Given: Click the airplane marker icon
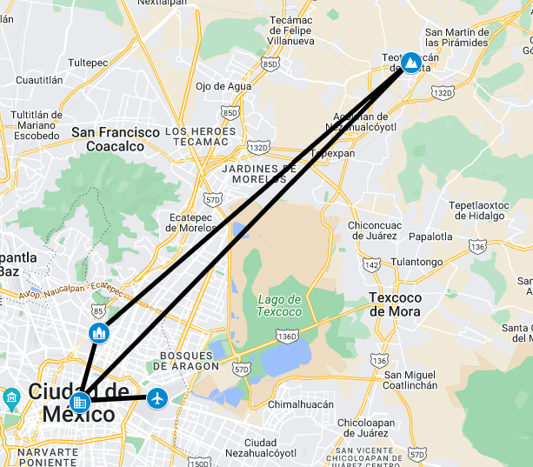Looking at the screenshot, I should pos(157,399).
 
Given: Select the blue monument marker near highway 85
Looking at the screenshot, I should pos(99,332).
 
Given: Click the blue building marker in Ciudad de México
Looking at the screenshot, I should pos(80,402).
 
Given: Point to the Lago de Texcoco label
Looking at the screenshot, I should pos(280,305).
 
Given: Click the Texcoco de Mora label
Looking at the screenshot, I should pos(396,304).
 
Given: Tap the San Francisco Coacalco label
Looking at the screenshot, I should pos(116,139).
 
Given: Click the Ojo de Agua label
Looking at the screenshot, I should pos(223,86).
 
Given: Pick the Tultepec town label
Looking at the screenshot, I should pos(87,63).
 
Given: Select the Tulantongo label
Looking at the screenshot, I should pos(416,262).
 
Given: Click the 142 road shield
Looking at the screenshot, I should pos(371,264).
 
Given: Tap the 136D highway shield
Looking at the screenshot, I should pos(286,337).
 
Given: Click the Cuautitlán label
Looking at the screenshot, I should pos(40,79).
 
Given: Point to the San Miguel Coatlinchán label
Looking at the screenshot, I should pos(411,380).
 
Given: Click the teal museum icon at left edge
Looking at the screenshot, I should pos(11,399).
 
